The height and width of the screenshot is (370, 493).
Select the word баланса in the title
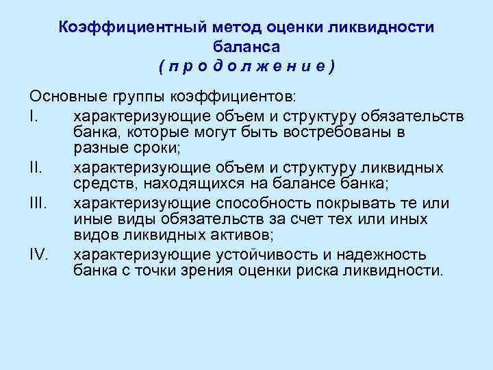click(x=246, y=46)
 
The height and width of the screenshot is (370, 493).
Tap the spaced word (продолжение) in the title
click(x=246, y=66)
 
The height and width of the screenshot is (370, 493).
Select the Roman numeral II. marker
click(x=37, y=168)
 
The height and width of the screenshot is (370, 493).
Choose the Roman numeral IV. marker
click(x=39, y=256)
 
